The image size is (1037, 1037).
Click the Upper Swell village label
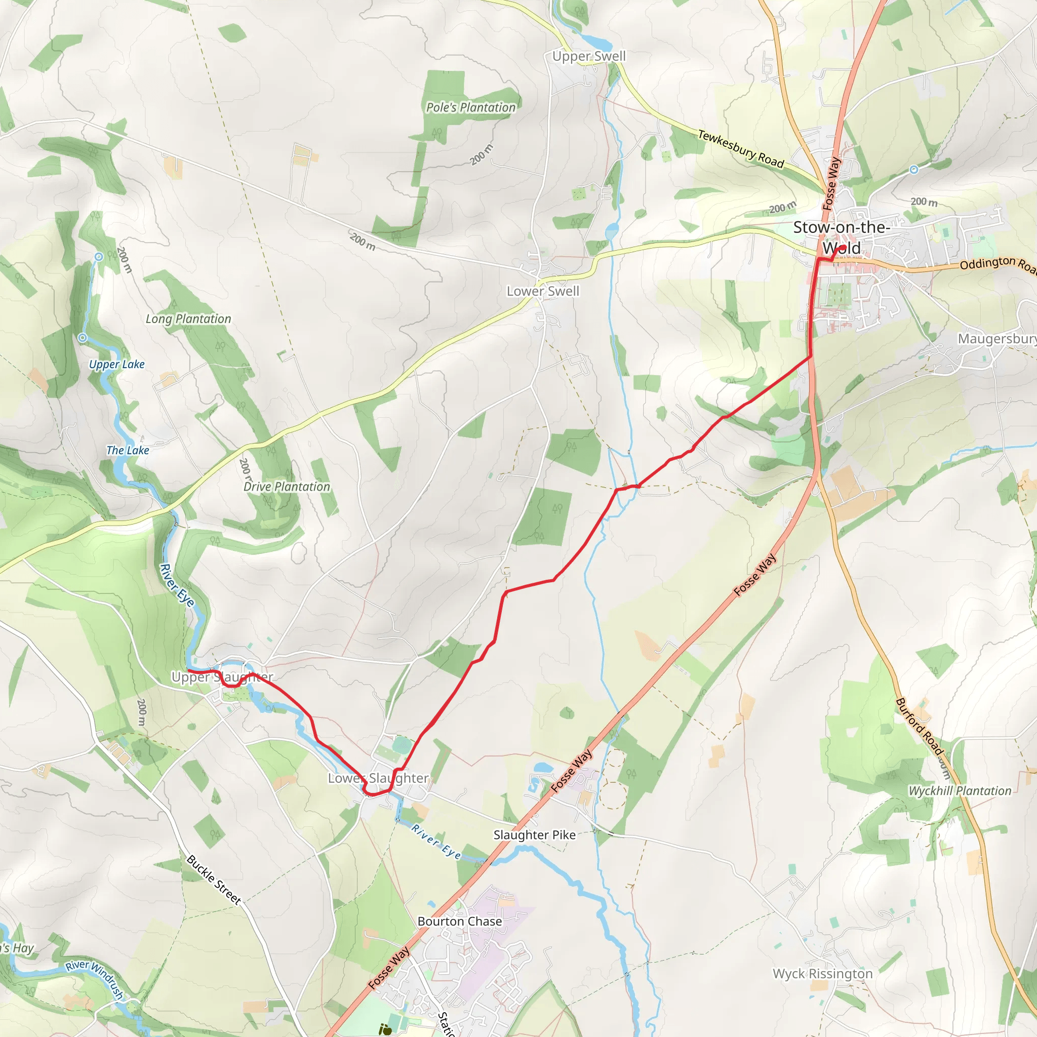(x=589, y=56)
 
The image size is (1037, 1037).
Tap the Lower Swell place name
(x=543, y=292)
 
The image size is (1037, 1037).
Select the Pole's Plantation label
(x=471, y=108)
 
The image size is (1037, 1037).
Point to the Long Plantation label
(x=188, y=319)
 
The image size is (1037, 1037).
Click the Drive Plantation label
(x=287, y=487)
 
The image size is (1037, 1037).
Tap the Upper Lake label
(x=117, y=365)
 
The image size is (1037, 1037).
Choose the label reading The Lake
(x=128, y=450)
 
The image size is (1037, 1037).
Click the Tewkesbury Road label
(x=741, y=149)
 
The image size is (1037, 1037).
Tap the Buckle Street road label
(x=214, y=880)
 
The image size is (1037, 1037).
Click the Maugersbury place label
(x=996, y=339)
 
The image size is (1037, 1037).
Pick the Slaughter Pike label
(x=535, y=835)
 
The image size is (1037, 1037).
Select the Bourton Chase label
(x=459, y=922)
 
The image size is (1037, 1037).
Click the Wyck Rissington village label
(x=822, y=974)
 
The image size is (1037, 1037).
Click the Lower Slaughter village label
(x=378, y=778)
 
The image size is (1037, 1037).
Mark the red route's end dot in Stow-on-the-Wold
(x=843, y=248)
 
